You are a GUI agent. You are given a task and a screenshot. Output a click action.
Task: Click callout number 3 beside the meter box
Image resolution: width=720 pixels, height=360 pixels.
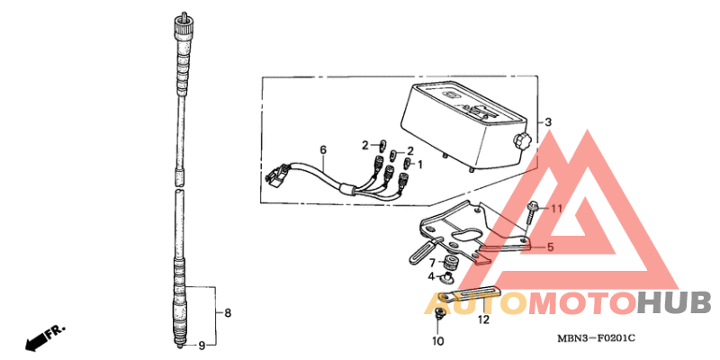[x=548, y=122]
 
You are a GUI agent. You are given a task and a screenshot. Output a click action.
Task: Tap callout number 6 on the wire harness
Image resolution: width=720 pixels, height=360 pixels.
[x=323, y=149]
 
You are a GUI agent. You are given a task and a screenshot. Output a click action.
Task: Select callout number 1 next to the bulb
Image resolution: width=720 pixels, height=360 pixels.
[x=420, y=163]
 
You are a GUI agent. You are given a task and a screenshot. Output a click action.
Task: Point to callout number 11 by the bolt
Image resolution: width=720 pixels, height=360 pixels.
[x=556, y=209]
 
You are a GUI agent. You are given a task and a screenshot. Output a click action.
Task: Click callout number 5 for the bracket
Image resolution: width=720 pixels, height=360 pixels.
[x=551, y=247]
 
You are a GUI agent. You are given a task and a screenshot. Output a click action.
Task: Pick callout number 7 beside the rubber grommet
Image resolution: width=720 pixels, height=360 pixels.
[x=432, y=263]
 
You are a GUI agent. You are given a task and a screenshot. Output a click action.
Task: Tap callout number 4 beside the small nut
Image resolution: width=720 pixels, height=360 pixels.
[x=431, y=276]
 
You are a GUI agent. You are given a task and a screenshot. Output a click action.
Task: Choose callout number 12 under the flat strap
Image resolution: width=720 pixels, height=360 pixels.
[x=484, y=319]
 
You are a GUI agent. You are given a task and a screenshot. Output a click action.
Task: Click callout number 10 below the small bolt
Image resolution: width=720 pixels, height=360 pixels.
[x=437, y=341]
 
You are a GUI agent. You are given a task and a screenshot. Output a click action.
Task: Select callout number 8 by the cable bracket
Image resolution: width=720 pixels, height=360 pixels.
[x=228, y=313]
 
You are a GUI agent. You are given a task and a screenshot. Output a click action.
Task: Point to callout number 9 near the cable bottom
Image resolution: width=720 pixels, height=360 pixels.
[x=202, y=346]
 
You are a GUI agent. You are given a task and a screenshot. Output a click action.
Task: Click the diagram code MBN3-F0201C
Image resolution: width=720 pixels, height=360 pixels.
[x=597, y=339]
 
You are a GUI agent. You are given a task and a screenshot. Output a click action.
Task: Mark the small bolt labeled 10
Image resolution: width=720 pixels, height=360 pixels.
[x=439, y=313]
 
